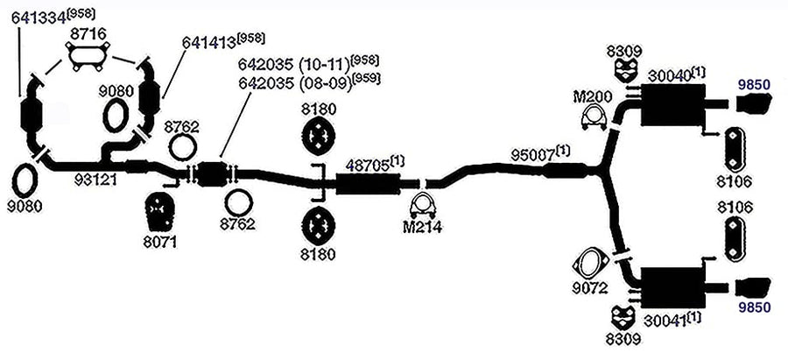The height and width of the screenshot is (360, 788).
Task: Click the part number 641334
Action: (39, 18)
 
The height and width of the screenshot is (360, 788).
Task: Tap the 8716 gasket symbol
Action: (88, 58)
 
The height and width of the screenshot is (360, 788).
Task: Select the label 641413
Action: (209, 42)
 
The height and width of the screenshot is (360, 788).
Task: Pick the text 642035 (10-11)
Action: (294, 65)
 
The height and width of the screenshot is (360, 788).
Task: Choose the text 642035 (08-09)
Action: (294, 83)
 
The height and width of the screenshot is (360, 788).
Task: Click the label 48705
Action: (368, 166)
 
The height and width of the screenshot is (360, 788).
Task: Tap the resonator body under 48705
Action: (368, 185)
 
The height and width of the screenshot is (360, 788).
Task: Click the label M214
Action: (422, 227)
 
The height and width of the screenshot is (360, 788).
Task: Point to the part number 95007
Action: (532, 155)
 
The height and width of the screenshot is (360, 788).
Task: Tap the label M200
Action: (593, 96)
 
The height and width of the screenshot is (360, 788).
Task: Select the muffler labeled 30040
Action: (672, 105)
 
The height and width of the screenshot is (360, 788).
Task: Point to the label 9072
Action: (590, 289)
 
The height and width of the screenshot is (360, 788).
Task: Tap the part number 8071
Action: (160, 244)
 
